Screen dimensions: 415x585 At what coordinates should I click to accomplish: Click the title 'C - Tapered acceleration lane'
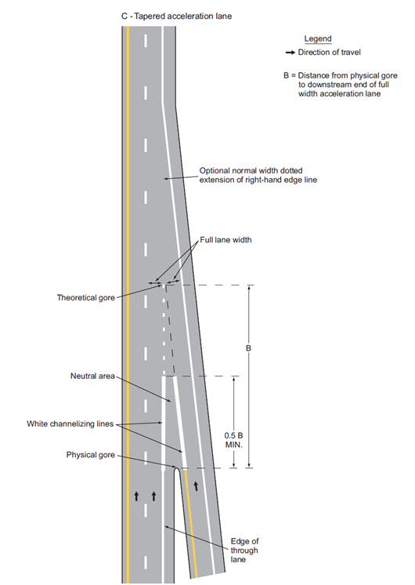pyautogui.click(x=177, y=16)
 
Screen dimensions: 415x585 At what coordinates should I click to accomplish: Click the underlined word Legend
pyautogui.click(x=318, y=38)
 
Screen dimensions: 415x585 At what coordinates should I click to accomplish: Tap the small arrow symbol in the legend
pyautogui.click(x=290, y=53)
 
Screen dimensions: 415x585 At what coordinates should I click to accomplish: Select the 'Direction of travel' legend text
pyautogui.click(x=330, y=53)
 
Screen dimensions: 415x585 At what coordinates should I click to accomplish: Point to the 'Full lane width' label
pyautogui.click(x=226, y=240)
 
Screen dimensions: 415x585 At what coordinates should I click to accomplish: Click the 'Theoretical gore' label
pyautogui.click(x=85, y=298)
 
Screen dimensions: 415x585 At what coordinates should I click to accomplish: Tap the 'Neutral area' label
pyautogui.click(x=92, y=376)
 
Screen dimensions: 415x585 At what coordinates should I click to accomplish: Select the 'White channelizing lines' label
pyautogui.click(x=70, y=423)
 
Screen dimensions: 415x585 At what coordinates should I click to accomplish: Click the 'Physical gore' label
pyautogui.click(x=91, y=455)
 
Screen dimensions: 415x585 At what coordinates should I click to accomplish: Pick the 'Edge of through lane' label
pyautogui.click(x=244, y=550)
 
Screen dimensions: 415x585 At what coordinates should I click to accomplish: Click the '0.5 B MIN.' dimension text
pyautogui.click(x=233, y=440)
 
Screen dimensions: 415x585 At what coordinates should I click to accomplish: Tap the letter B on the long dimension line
pyautogui.click(x=248, y=348)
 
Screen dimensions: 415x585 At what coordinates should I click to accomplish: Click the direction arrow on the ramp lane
pyautogui.click(x=196, y=485)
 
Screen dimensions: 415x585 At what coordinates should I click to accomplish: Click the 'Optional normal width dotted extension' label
pyautogui.click(x=258, y=176)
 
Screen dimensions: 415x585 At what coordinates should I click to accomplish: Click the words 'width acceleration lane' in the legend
pyautogui.click(x=339, y=94)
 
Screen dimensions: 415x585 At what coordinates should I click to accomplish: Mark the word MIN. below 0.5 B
pyautogui.click(x=233, y=445)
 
